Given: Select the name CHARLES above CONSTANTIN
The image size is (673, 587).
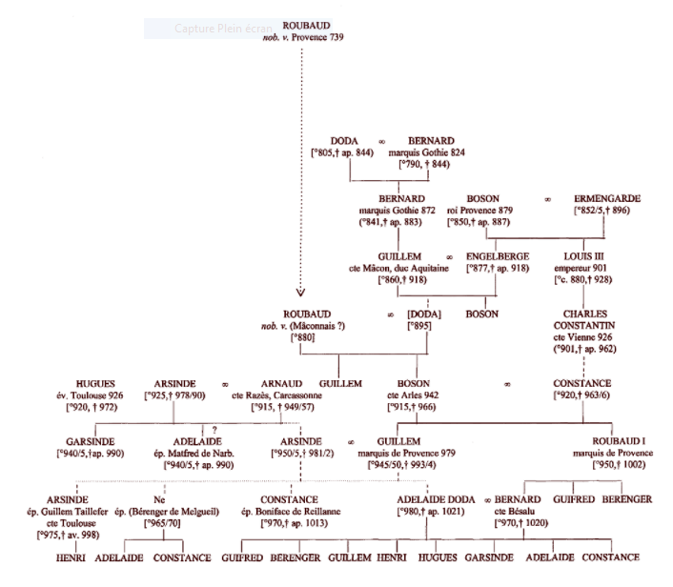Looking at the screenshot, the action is pos(586,314).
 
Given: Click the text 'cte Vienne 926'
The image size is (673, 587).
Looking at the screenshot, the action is pos(587,336).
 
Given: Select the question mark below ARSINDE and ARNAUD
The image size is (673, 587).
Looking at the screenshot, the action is pos(215,430).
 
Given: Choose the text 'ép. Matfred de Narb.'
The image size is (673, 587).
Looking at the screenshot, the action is pos(197,454).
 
